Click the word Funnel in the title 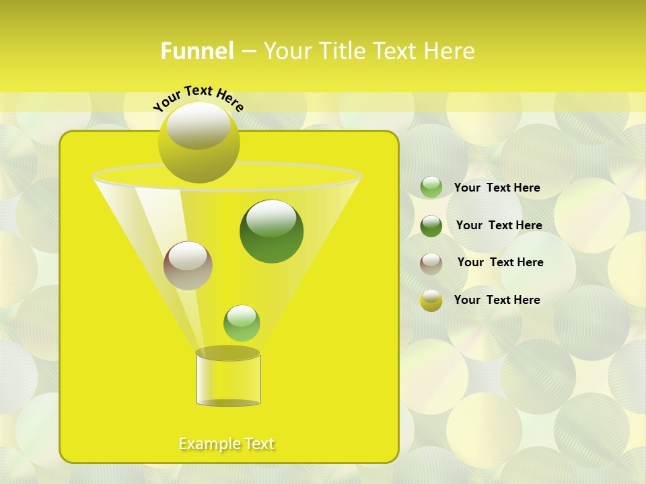(196, 51)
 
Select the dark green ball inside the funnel (272, 231)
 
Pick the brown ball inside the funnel (188, 266)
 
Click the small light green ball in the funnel (242, 323)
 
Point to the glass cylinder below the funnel (229, 378)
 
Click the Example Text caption (227, 444)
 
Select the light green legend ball (431, 188)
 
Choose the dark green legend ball (431, 226)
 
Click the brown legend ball (431, 264)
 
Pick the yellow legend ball (431, 300)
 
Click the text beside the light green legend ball (497, 188)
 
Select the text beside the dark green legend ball (499, 225)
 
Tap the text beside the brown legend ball (500, 262)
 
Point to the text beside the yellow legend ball (497, 300)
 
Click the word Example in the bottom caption (209, 444)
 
